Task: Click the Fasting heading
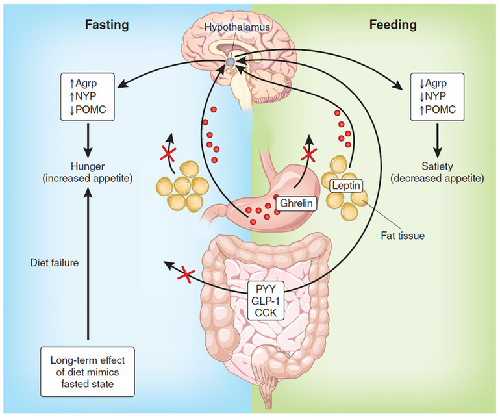coord(107,25)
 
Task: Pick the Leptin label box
coord(344,185)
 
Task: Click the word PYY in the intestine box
coord(268,288)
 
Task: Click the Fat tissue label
coord(402,235)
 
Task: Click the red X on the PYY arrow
coord(187,275)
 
